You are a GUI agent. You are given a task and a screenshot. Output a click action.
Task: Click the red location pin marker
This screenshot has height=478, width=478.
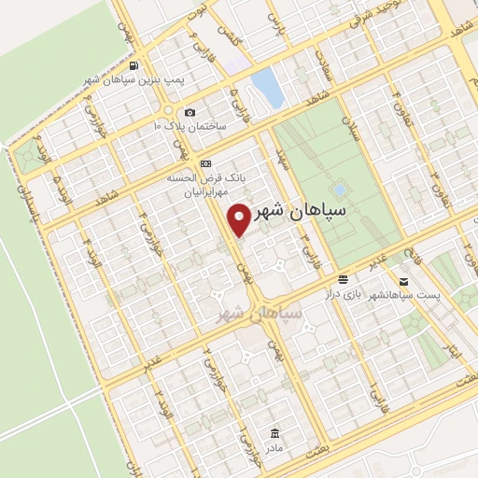tap(240, 219)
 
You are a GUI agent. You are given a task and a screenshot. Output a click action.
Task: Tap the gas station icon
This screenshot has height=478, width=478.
tap(135, 65)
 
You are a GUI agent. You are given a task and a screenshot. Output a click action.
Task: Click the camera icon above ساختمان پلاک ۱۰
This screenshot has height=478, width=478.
tap(190, 112)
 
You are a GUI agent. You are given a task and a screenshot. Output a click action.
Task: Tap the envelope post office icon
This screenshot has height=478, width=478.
tap(403, 280)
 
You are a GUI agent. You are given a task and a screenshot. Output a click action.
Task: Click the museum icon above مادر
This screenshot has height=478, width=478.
tap(274, 433)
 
